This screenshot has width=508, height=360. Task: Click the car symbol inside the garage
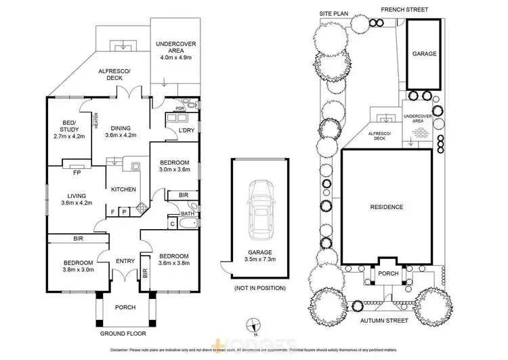(x=261, y=210)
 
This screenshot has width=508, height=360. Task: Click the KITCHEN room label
(x=124, y=189)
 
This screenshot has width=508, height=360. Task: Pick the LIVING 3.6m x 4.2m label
(x=76, y=199)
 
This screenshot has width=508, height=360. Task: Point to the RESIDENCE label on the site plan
(x=387, y=207)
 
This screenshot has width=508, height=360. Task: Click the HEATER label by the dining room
(x=97, y=121)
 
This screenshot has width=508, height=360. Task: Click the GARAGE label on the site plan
(x=426, y=54)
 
